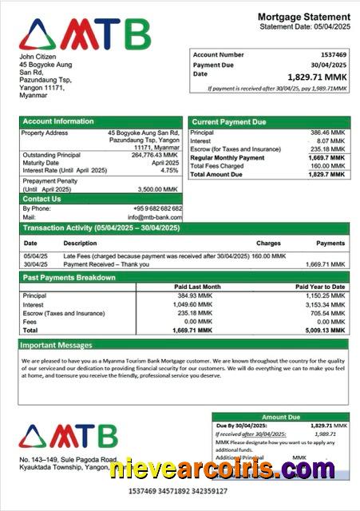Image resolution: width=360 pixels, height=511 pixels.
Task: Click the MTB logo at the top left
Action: (84, 34)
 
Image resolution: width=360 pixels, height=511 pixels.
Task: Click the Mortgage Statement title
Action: (303, 17)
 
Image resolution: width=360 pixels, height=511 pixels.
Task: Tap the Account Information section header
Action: (57, 121)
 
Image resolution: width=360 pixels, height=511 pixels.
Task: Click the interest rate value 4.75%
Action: (168, 170)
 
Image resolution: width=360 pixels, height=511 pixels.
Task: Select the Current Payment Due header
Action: (228, 121)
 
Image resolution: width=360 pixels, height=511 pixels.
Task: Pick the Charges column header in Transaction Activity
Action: (268, 243)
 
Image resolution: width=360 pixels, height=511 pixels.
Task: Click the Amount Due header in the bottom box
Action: (280, 417)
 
